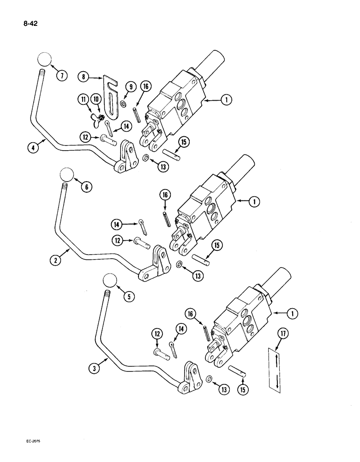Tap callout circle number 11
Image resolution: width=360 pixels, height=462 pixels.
(x=82, y=99)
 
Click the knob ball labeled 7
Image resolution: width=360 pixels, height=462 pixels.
(x=42, y=60)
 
